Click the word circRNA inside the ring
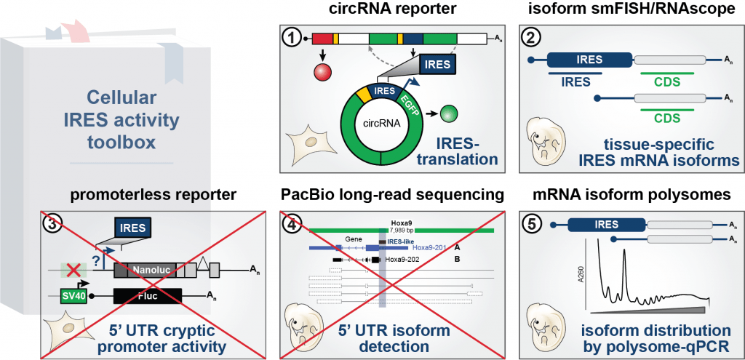(381, 124)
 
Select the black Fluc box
(148, 296)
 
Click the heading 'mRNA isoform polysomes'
(621, 196)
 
